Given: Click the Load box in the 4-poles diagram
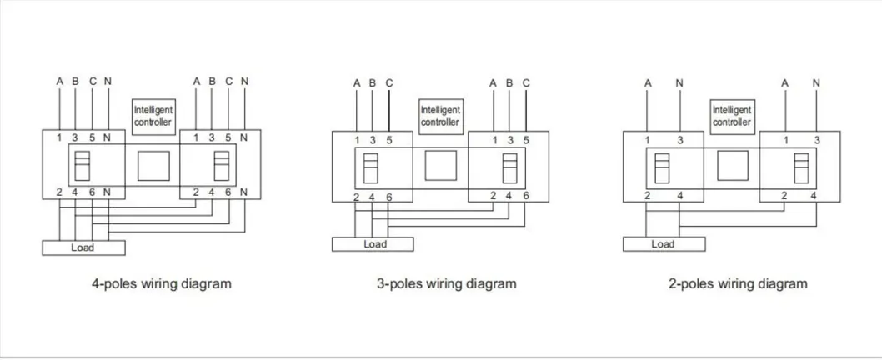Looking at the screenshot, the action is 84,247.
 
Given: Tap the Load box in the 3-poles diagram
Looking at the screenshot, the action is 373,244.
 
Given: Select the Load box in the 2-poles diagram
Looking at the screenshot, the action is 664,244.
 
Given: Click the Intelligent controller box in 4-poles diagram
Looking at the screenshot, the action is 153,117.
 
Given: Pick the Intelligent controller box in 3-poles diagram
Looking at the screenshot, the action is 441,117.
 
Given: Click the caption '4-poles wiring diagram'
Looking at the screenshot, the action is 162,283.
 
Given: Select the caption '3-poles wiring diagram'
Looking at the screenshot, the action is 447,283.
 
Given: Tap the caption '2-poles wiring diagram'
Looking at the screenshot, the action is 738,283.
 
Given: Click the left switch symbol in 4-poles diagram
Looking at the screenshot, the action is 83,165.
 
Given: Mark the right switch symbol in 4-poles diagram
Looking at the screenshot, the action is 222,165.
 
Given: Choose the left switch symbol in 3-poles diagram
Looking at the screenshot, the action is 371,168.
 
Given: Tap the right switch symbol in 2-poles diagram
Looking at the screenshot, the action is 802,168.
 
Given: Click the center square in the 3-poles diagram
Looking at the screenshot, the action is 441,165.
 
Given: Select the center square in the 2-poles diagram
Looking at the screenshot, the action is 733,165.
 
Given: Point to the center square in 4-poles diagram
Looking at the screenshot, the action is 153,166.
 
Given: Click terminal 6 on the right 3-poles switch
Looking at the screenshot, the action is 526,196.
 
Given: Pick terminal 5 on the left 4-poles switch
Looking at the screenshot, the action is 93,137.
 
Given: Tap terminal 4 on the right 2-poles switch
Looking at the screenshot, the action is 814,196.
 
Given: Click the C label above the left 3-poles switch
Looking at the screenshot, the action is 389,83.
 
